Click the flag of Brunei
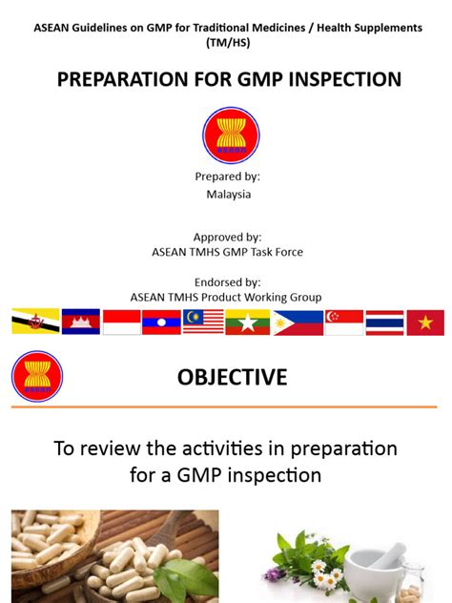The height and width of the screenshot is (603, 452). (35, 322)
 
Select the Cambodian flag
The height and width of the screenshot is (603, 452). (80, 322)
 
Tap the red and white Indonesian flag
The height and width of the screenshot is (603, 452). (121, 322)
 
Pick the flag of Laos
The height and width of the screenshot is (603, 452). (161, 322)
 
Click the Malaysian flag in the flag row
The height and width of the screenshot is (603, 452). (203, 322)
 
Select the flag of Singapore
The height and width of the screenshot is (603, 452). (343, 322)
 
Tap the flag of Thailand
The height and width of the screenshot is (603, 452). (384, 322)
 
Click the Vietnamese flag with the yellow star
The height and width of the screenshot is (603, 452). (425, 322)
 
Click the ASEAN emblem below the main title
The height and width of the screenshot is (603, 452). (231, 135)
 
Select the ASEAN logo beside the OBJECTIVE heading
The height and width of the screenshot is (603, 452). (37, 377)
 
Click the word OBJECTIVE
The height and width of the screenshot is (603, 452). (232, 378)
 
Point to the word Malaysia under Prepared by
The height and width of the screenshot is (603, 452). (229, 194)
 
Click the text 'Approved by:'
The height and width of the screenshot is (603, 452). (227, 237)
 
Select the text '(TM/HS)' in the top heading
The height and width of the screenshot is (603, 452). (227, 44)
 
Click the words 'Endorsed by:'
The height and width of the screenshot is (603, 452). (226, 282)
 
